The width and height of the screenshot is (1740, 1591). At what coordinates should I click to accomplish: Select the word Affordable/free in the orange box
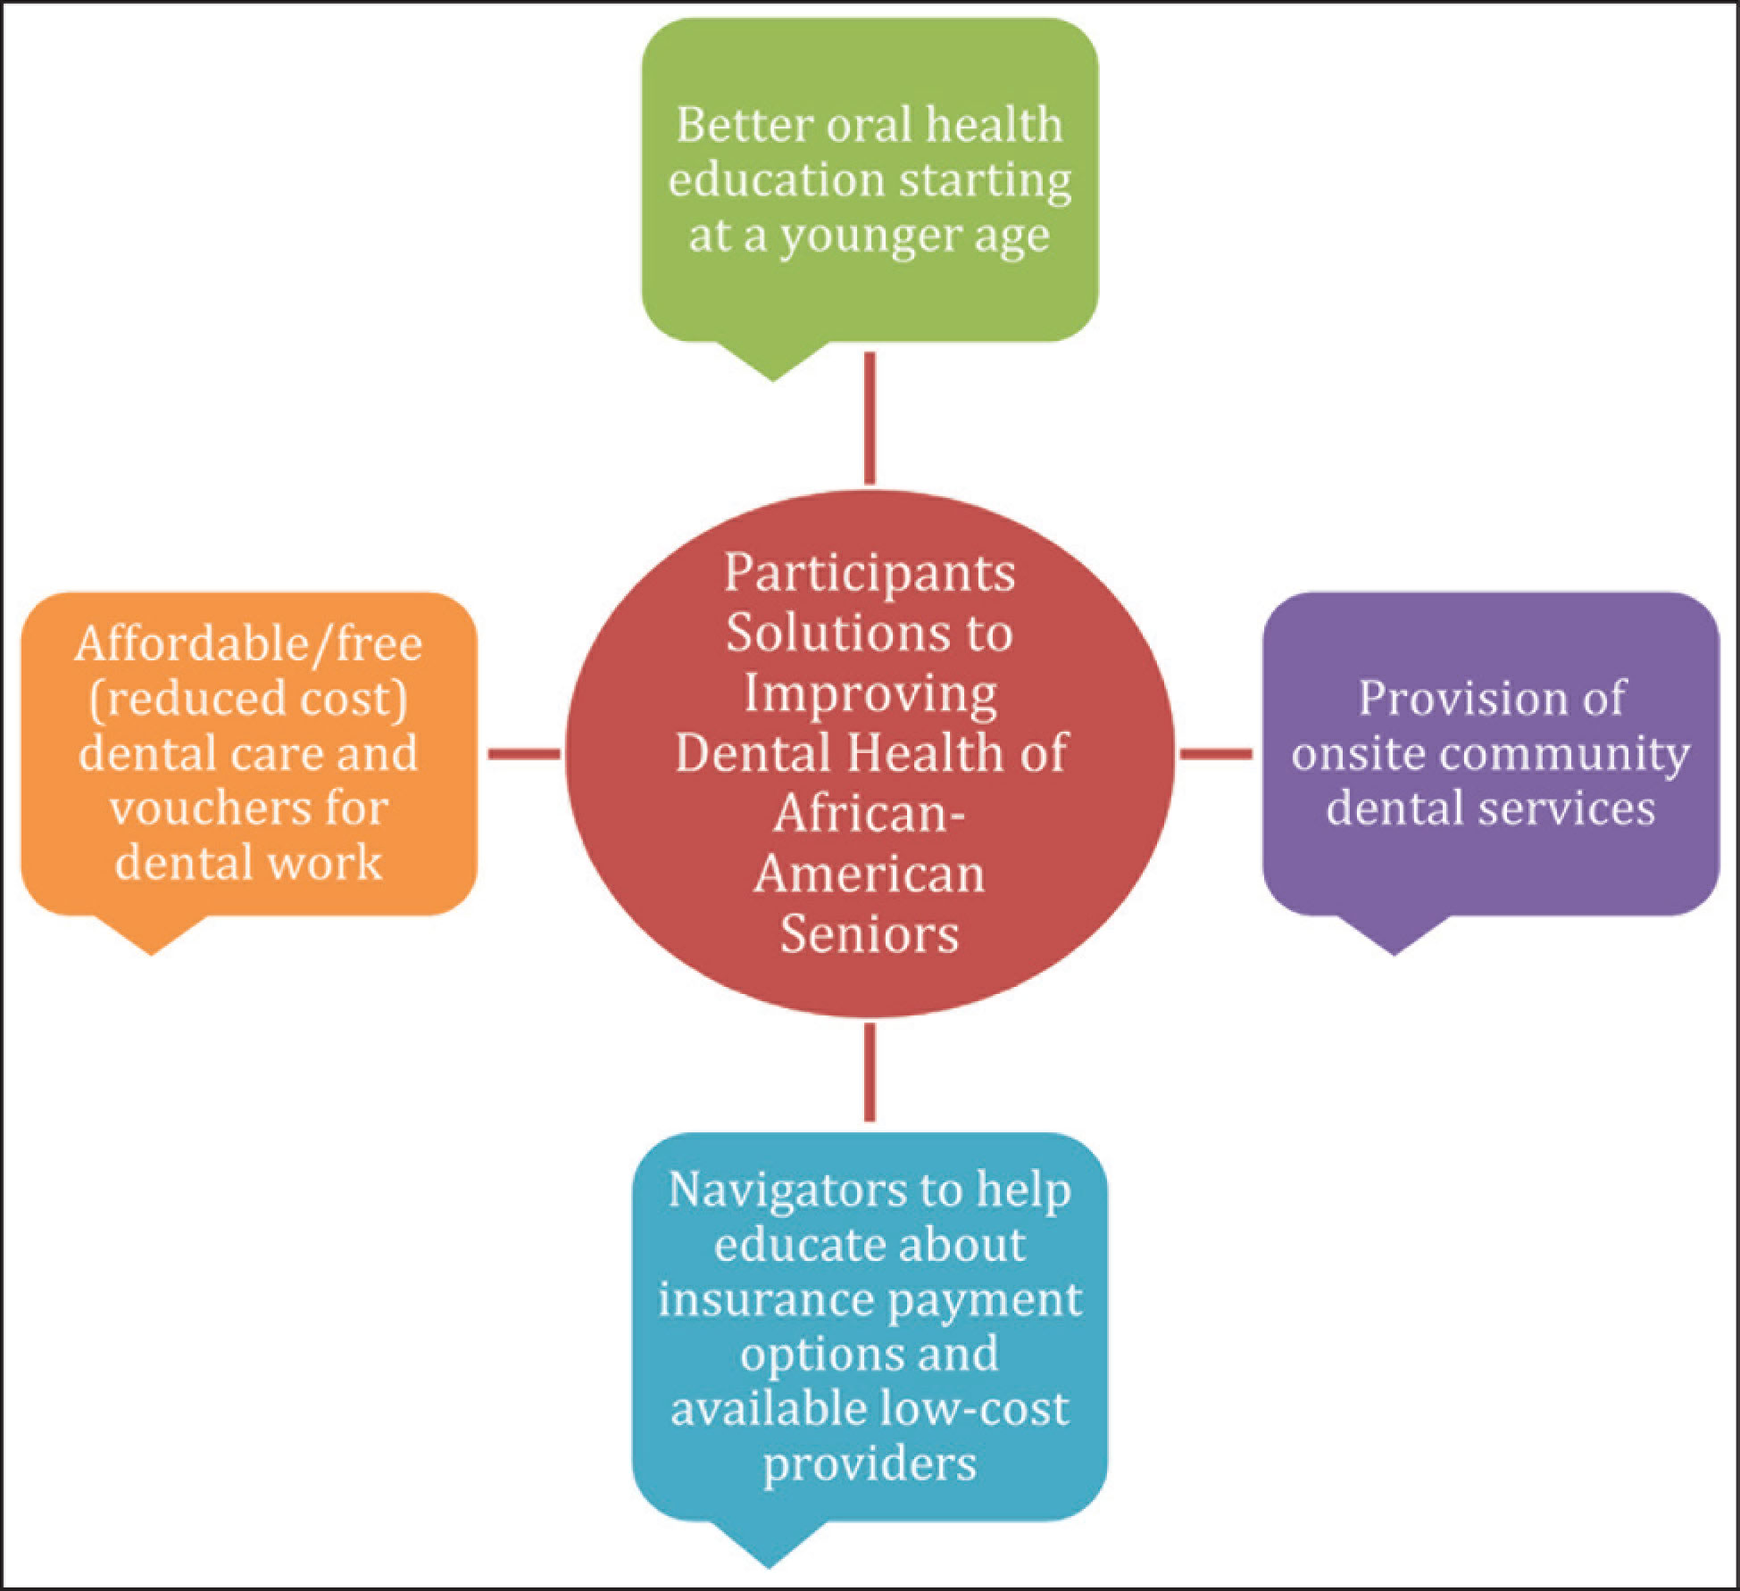tap(248, 644)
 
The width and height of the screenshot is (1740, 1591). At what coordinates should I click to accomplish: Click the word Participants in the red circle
tap(870, 574)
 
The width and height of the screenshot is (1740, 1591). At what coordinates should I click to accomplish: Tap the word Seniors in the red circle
tap(870, 934)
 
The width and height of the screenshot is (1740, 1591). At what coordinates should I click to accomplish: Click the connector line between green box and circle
tap(870, 418)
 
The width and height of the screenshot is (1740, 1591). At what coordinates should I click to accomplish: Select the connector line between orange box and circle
tap(524, 754)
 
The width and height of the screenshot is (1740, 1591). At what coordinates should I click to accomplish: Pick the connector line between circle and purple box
tap(1215, 754)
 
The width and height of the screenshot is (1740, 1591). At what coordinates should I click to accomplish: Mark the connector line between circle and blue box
tap(870, 1072)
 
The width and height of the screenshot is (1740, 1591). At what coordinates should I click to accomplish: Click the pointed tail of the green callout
tap(773, 380)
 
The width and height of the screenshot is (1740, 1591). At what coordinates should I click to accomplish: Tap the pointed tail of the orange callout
tap(152, 954)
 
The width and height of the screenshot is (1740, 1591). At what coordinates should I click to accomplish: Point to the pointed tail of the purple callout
tap(1394, 954)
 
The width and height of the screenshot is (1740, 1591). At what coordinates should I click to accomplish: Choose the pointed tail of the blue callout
tap(769, 1566)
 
